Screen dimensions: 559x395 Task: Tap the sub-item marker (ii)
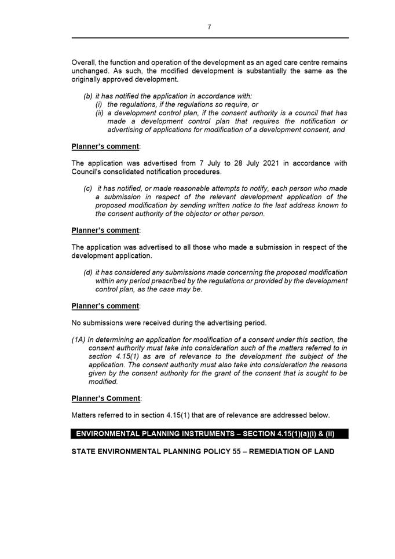click(99, 113)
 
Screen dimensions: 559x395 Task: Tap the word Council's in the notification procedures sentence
click(89, 172)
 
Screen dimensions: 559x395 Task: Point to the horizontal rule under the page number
click(210, 38)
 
